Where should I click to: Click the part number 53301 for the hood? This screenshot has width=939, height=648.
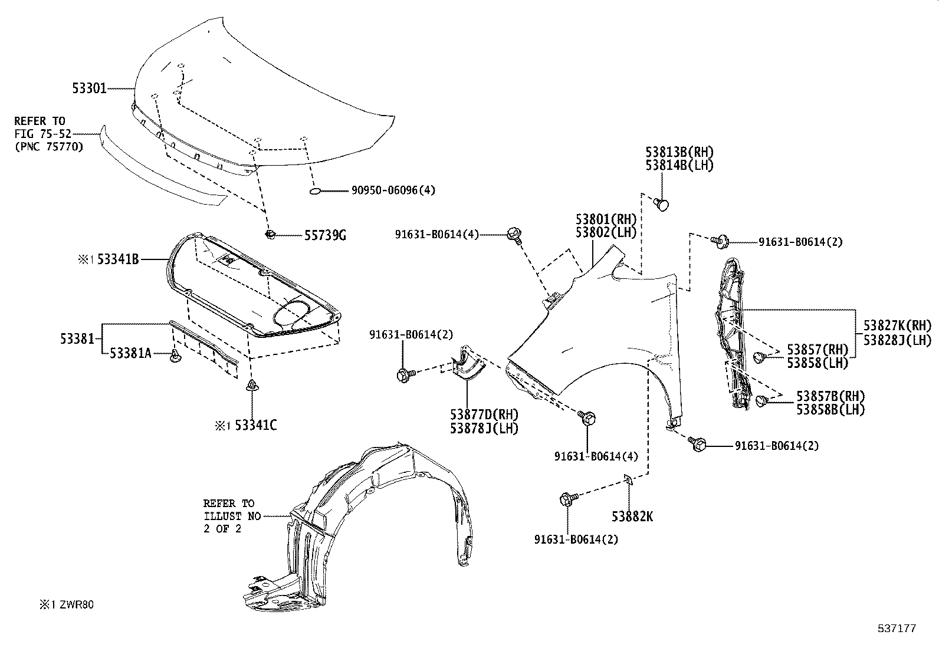[x=90, y=88]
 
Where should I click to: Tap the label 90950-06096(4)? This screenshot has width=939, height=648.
[x=393, y=190]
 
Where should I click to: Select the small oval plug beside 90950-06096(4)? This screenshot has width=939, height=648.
[x=315, y=191]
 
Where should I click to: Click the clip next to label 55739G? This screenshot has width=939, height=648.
[x=271, y=235]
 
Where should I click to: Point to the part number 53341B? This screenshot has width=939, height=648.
[x=118, y=259]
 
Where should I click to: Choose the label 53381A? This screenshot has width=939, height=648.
[x=130, y=353]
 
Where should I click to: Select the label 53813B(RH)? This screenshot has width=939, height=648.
[x=679, y=153]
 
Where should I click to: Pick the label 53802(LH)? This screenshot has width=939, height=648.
[x=607, y=232]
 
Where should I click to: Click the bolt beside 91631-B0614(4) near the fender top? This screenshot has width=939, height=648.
[x=513, y=234]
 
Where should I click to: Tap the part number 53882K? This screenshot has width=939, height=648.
[x=632, y=517]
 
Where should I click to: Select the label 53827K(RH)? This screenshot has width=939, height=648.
[x=897, y=326]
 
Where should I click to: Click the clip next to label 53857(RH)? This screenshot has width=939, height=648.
[x=760, y=356]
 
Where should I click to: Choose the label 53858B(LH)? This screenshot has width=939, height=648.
[x=830, y=409]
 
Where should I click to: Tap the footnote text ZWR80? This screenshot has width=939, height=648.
[x=75, y=604]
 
